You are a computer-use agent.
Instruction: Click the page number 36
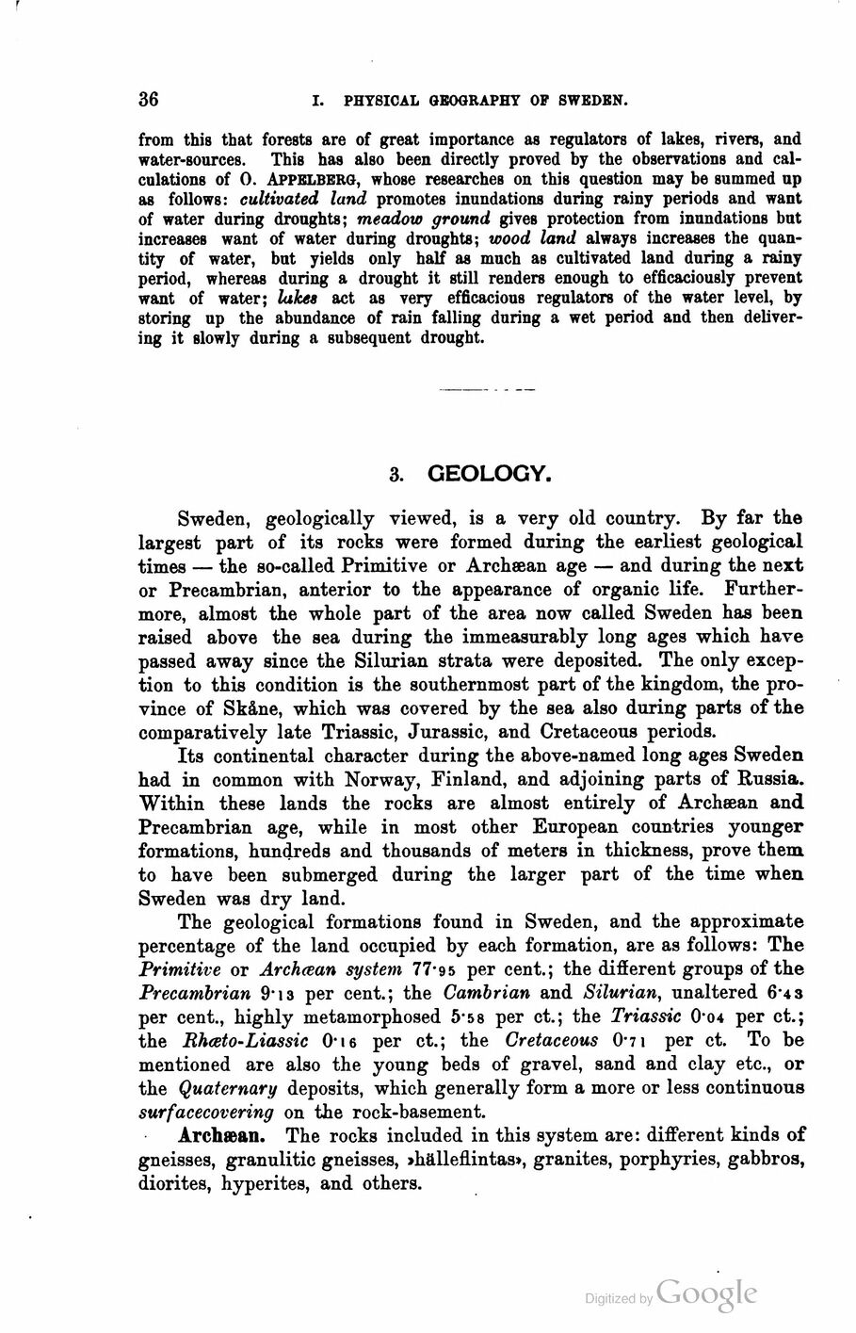[x=149, y=99]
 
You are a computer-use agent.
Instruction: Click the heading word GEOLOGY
[x=488, y=474]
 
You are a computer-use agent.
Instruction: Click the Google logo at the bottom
[x=707, y=1293]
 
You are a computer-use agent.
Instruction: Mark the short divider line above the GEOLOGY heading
[x=487, y=388]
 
